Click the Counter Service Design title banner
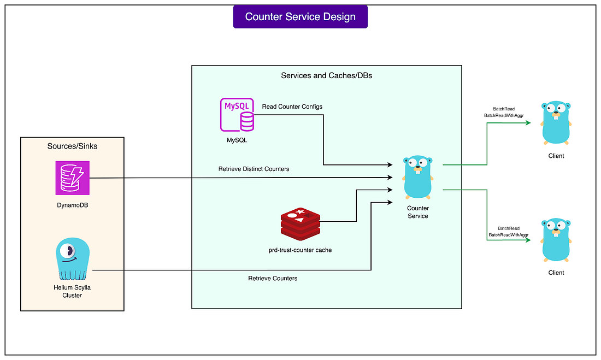300,16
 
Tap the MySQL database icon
237,115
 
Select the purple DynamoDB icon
72,178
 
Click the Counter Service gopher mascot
418,178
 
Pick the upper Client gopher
556,122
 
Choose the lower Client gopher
556,240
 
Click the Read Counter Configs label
292,107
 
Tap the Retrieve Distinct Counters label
254,169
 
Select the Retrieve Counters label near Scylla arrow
273,279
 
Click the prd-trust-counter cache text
300,250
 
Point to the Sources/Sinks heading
72,146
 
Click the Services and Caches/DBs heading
326,75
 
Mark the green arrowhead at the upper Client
528,123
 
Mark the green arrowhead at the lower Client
528,240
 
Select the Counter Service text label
418,212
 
